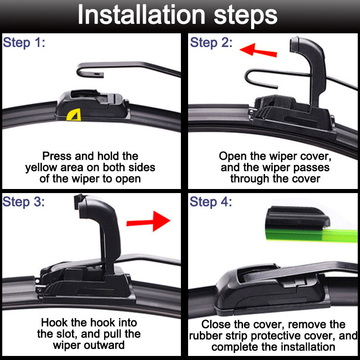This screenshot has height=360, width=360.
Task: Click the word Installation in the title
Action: (141, 15)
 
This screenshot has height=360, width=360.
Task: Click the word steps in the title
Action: (245, 17)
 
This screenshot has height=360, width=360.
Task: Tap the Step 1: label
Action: (24, 43)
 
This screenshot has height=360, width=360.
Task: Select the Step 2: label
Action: (211, 43)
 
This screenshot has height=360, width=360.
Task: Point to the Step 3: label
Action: (24, 202)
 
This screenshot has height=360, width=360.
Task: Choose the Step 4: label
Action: (211, 202)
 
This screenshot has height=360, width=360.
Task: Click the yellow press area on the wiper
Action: (74, 115)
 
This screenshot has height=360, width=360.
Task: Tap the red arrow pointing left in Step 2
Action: (258, 50)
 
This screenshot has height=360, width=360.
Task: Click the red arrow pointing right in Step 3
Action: (148, 221)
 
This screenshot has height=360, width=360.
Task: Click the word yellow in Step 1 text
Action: (41, 168)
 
